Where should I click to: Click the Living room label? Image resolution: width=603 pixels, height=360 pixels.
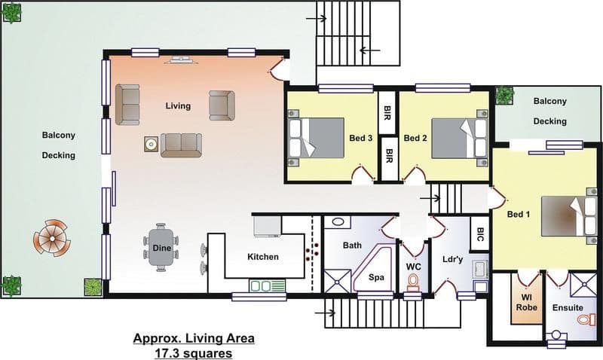pos(178,105)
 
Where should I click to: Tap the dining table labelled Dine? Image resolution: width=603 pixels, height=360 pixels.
pos(161,248)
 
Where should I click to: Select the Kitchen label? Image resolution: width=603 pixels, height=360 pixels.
pos(263,257)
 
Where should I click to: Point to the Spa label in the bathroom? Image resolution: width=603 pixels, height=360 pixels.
pos(376,277)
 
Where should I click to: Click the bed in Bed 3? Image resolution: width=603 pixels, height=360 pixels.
pos(317,138)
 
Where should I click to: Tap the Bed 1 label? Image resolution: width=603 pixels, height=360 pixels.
pos(519,215)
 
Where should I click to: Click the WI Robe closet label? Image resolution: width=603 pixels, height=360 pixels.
pos(526,302)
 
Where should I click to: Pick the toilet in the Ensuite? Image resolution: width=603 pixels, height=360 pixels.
pos(585,319)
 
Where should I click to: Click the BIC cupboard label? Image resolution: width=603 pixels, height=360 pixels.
pos(480,234)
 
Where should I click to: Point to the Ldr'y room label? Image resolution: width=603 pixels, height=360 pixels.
pos(453,259)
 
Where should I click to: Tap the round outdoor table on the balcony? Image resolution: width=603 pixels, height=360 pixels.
pos(52,238)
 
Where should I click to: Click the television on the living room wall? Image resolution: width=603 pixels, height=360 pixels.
pos(180,59)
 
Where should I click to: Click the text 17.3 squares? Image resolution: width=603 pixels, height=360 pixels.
pos(194,353)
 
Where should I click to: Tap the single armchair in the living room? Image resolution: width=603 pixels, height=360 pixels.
pos(222,105)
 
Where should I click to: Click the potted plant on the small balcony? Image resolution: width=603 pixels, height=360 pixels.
pos(504,96)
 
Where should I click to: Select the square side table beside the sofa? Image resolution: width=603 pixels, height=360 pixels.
pos(152,145)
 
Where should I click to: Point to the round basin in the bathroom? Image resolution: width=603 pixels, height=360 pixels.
pos(338,221)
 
